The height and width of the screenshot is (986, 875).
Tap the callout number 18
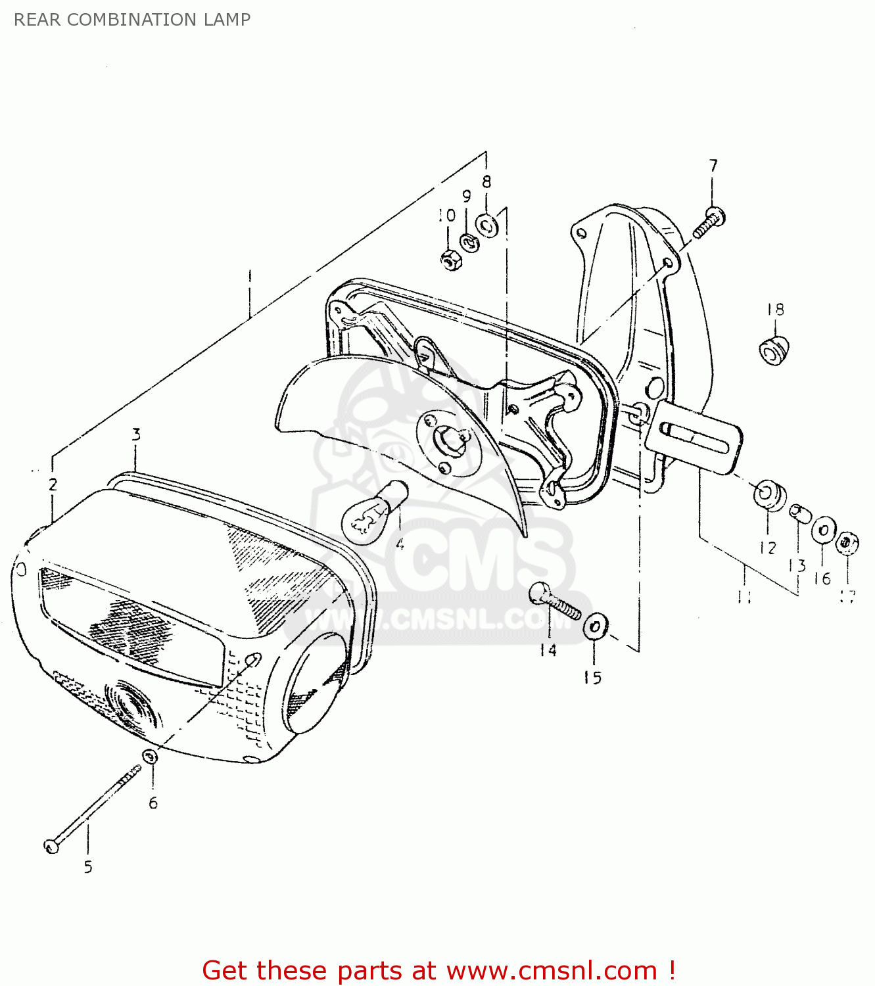[x=776, y=310]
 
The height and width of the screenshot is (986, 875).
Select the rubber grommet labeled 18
[x=773, y=350]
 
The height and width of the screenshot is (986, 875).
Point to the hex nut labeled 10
[x=451, y=261]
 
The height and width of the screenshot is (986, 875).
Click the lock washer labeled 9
[x=469, y=243]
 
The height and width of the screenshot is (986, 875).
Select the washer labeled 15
[x=596, y=626]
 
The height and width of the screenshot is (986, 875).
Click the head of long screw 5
[x=52, y=845]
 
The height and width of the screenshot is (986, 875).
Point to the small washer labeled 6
[x=150, y=757]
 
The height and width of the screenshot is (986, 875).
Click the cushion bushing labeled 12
[x=768, y=494]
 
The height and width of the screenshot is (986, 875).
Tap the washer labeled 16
[x=823, y=530]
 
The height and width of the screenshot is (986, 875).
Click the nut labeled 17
[x=847, y=543]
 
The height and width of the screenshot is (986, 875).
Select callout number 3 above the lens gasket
[x=136, y=434]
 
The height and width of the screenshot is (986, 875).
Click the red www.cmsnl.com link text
[x=552, y=970]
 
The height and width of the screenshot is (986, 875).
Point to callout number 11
[x=744, y=596]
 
